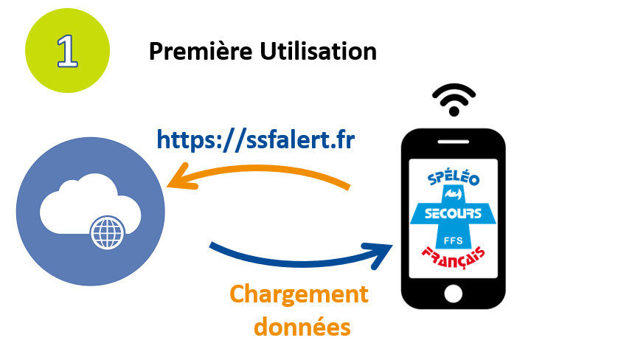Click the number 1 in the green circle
(x=67, y=51)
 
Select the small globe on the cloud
(x=105, y=234)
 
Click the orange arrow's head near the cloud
(x=178, y=181)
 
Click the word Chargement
(x=299, y=294)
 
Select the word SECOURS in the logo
(x=454, y=215)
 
